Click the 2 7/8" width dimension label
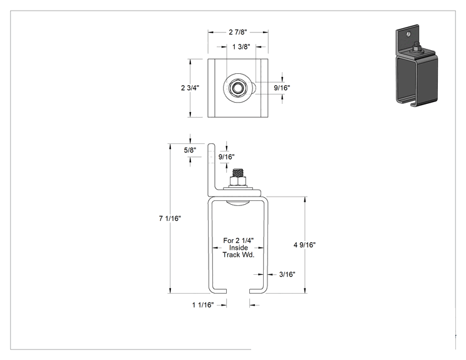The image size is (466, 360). pyautogui.click(x=238, y=32)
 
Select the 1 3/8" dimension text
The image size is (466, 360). pyautogui.click(x=241, y=46)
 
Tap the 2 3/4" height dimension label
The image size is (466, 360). pyautogui.click(x=190, y=88)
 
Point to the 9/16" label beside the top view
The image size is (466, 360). pyautogui.click(x=282, y=88)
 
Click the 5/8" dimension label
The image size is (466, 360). pyautogui.click(x=190, y=150)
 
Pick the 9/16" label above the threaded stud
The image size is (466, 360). pyautogui.click(x=227, y=157)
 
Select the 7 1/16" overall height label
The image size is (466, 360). pyautogui.click(x=170, y=219)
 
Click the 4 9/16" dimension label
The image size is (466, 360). pyautogui.click(x=304, y=245)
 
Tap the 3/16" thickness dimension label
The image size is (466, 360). pyautogui.click(x=287, y=274)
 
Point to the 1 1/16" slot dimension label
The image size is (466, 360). pyautogui.click(x=203, y=305)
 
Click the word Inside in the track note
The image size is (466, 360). pyautogui.click(x=239, y=248)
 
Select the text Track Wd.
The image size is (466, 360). pyautogui.click(x=239, y=255)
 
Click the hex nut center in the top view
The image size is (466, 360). pyautogui.click(x=237, y=88)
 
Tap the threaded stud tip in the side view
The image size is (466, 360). pyautogui.click(x=238, y=170)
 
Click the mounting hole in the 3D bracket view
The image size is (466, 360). pyautogui.click(x=408, y=34)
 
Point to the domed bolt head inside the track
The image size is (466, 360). pyautogui.click(x=237, y=203)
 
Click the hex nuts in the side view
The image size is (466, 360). pyautogui.click(x=238, y=181)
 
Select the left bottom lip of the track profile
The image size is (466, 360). pyautogui.click(x=219, y=291)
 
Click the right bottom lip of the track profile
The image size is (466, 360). pyautogui.click(x=257, y=291)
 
